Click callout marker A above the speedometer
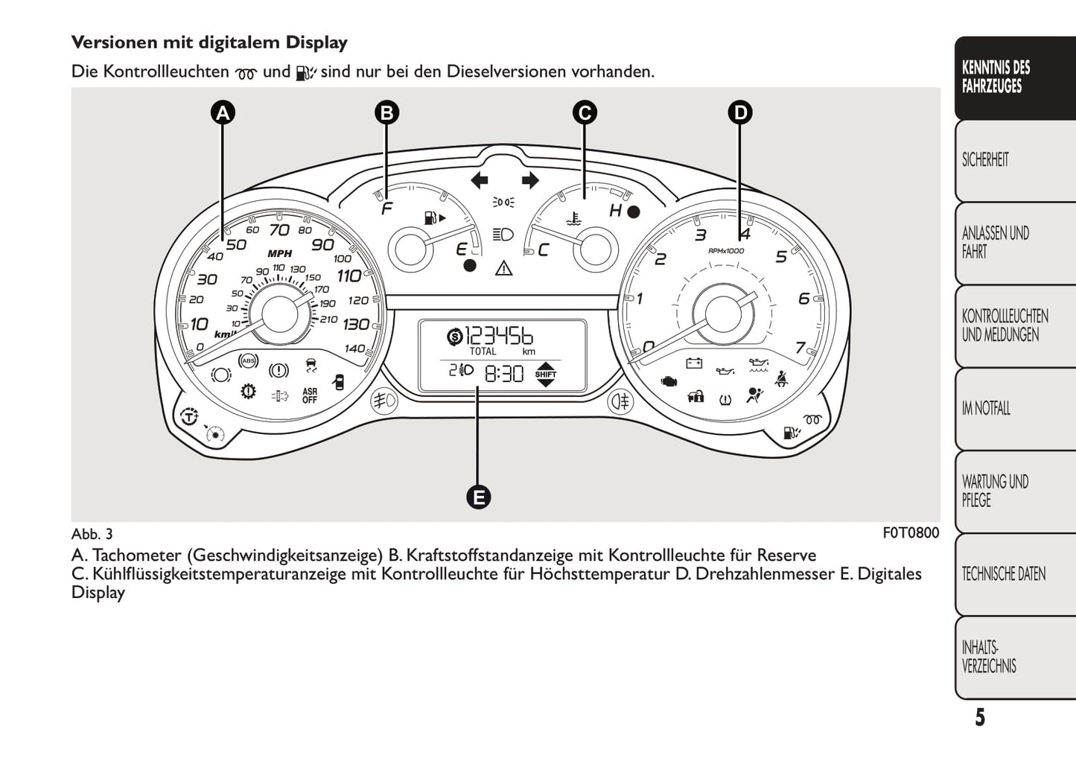pos(222,113)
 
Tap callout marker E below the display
pos(478,497)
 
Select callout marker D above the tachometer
pos(739,113)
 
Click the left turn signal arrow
pos(480,179)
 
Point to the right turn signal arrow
pos(529,179)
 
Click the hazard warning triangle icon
pos(504,267)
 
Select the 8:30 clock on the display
pos(504,373)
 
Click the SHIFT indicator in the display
pos(546,374)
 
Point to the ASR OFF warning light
pos(310,395)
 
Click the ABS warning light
pos(248,361)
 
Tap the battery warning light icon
pos(694,363)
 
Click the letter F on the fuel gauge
pos(386,209)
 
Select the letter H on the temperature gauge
pos(615,211)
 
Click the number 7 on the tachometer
pos(800,348)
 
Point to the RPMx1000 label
pos(726,251)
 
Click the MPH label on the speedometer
pos(279,254)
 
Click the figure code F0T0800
pos(911,533)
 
